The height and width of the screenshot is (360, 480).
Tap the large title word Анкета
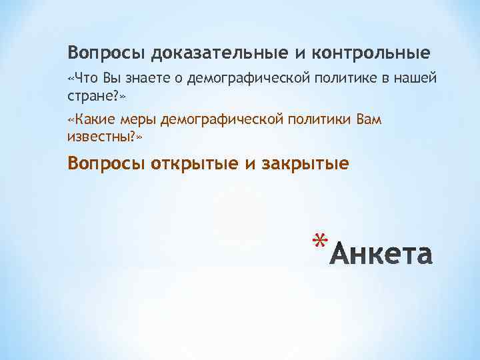click(382, 254)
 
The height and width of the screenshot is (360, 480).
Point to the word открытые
click(196, 163)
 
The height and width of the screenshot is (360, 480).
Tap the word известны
click(101, 137)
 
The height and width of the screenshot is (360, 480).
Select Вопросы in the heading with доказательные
click(107, 52)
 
